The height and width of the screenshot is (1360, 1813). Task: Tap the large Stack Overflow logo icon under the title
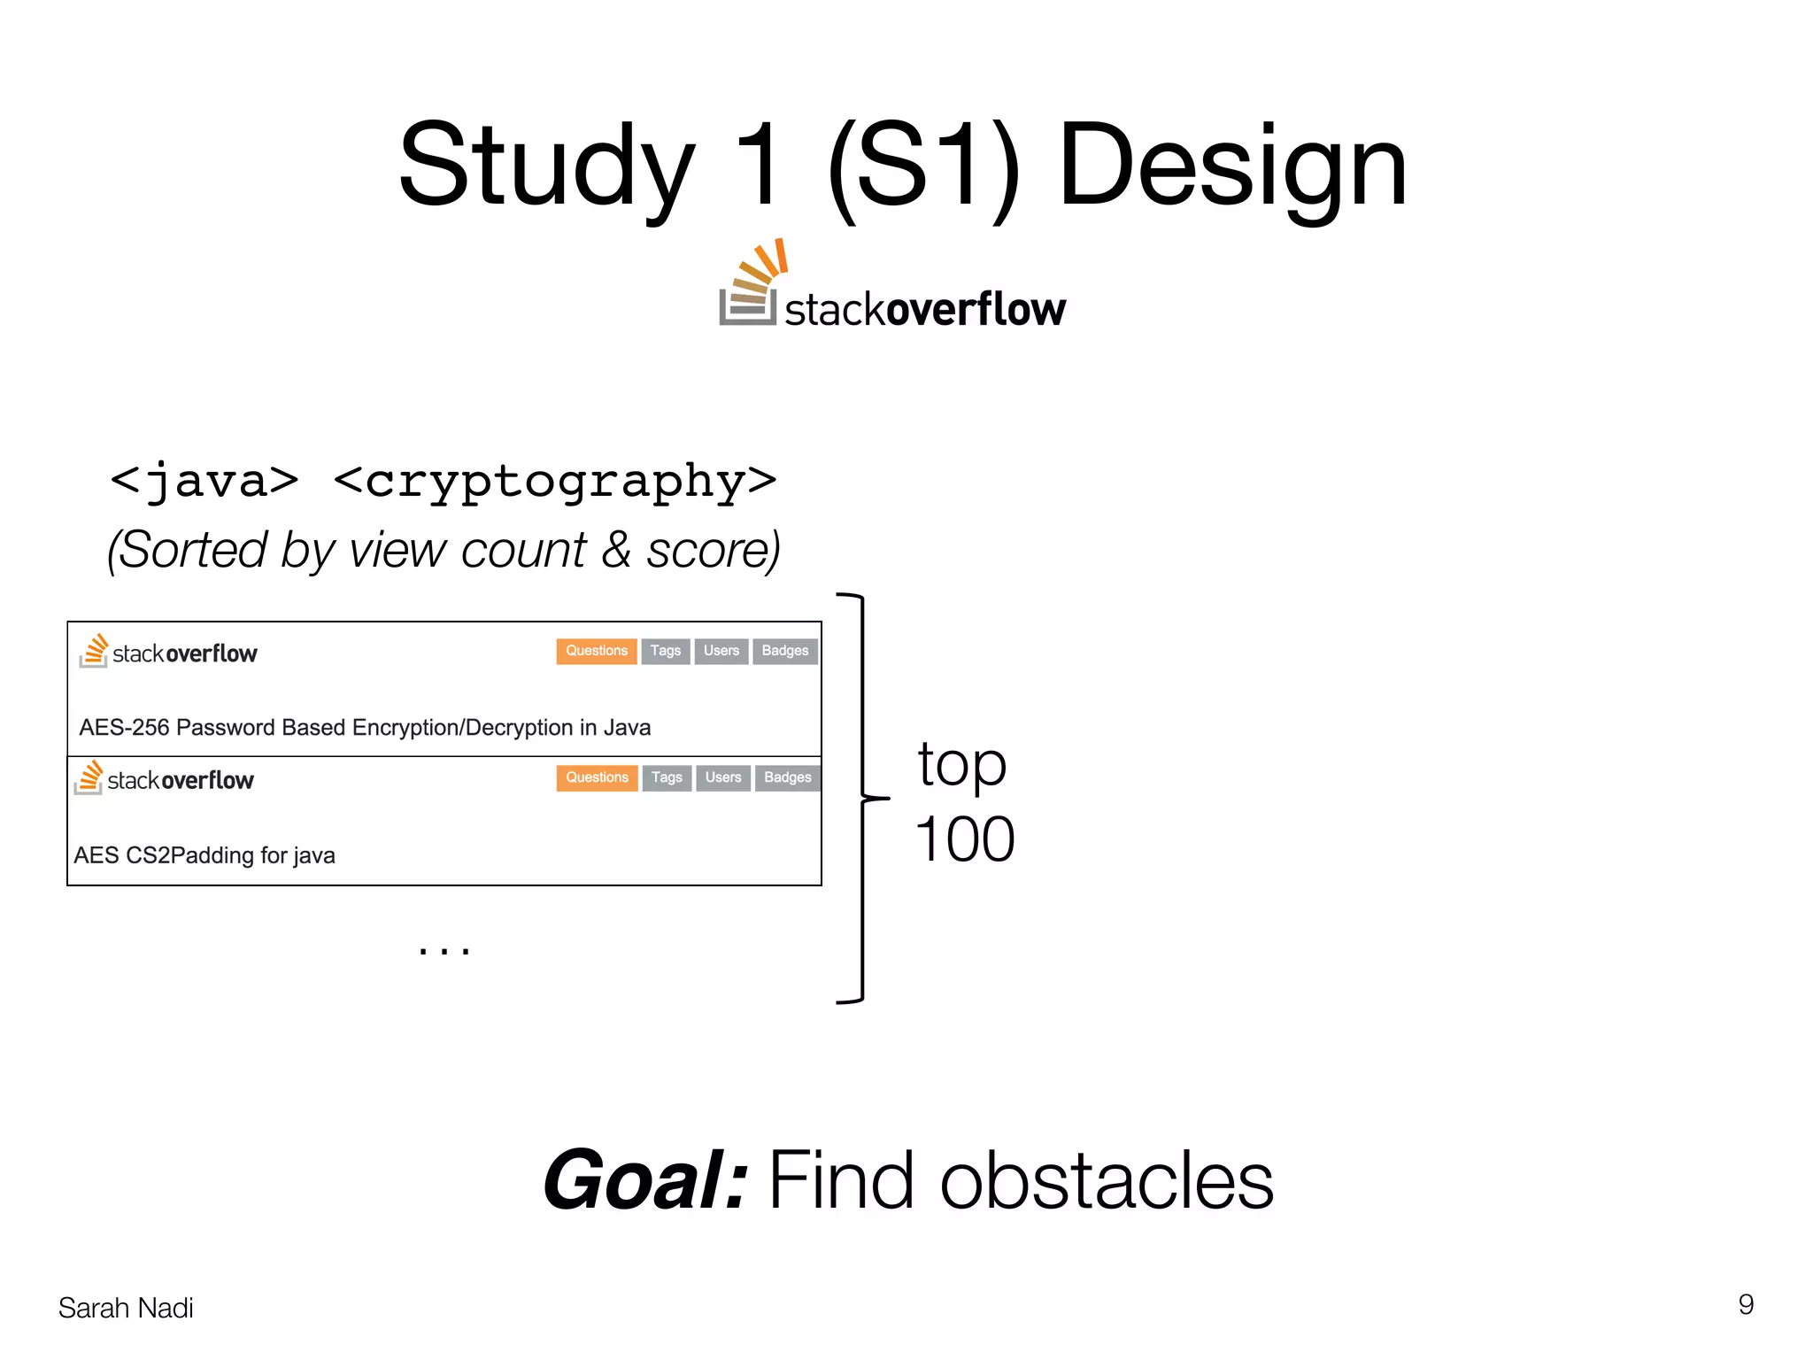751,283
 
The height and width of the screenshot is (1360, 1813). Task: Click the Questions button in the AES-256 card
596,651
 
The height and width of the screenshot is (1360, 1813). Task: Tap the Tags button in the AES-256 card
665,651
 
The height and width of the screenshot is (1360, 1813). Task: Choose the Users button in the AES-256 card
721,651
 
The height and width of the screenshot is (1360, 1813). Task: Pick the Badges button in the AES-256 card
784,651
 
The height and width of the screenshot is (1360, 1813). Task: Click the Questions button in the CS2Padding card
597,777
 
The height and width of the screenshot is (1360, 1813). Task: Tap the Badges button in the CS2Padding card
787,777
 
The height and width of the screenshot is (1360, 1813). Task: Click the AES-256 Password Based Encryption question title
365,728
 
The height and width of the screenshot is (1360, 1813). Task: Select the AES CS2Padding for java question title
204,855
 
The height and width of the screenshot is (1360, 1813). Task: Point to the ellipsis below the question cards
444,950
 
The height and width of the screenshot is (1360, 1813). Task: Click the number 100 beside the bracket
964,839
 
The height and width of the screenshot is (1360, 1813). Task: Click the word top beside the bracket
961,765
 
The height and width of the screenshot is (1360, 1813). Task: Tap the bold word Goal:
645,1180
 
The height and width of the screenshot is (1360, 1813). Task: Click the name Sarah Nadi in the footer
126,1308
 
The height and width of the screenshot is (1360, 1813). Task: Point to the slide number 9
1745,1304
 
